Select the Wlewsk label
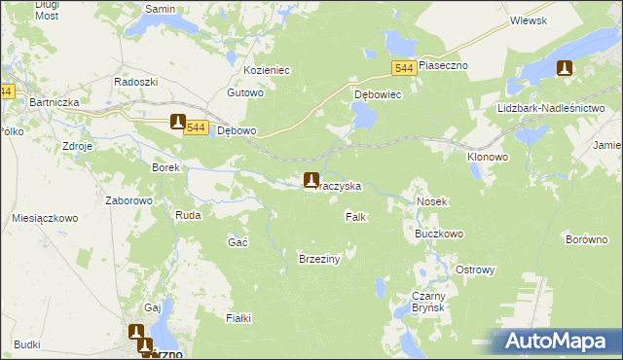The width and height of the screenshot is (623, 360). pyautogui.click(x=527, y=20)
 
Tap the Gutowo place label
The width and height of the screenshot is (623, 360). pyautogui.click(x=245, y=93)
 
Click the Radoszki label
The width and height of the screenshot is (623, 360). pyautogui.click(x=134, y=82)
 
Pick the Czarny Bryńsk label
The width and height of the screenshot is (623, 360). pyautogui.click(x=428, y=302)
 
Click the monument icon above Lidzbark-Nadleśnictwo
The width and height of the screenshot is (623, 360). pyautogui.click(x=564, y=68)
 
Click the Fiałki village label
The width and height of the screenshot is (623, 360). pyautogui.click(x=238, y=318)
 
